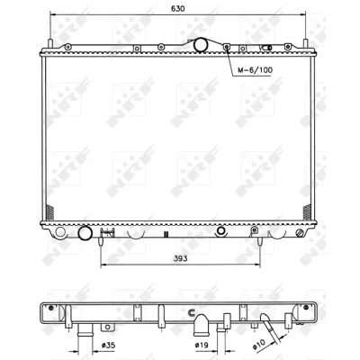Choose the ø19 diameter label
(204, 344)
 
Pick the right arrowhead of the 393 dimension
(259, 267)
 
